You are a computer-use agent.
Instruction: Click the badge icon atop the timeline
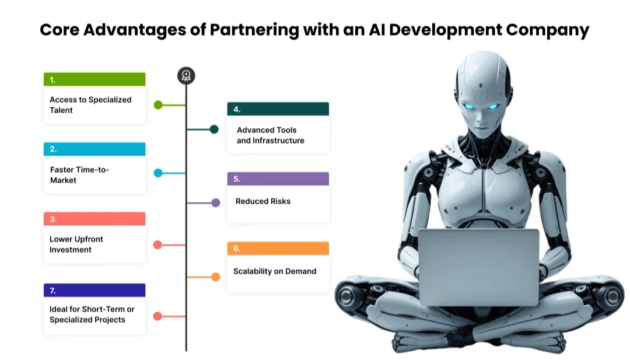tap(186, 75)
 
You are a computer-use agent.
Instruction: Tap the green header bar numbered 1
tap(94, 79)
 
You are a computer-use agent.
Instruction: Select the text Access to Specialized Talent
tap(90, 105)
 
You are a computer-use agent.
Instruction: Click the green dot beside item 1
tap(158, 105)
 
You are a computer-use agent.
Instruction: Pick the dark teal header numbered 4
tap(278, 109)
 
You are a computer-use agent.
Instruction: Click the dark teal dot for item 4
tap(214, 129)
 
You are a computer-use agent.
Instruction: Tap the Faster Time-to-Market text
tap(79, 175)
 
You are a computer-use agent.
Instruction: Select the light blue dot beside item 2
tap(158, 173)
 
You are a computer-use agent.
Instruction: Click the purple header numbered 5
tap(278, 179)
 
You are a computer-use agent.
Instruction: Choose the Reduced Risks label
tap(263, 201)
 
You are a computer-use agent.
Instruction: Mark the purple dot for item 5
tap(215, 203)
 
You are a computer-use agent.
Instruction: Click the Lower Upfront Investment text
tap(76, 244)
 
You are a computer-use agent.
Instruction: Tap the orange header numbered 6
tap(278, 249)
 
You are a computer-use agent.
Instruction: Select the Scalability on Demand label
tap(275, 271)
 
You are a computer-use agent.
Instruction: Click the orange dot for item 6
tap(215, 277)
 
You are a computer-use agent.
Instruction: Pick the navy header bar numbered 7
tap(94, 290)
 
